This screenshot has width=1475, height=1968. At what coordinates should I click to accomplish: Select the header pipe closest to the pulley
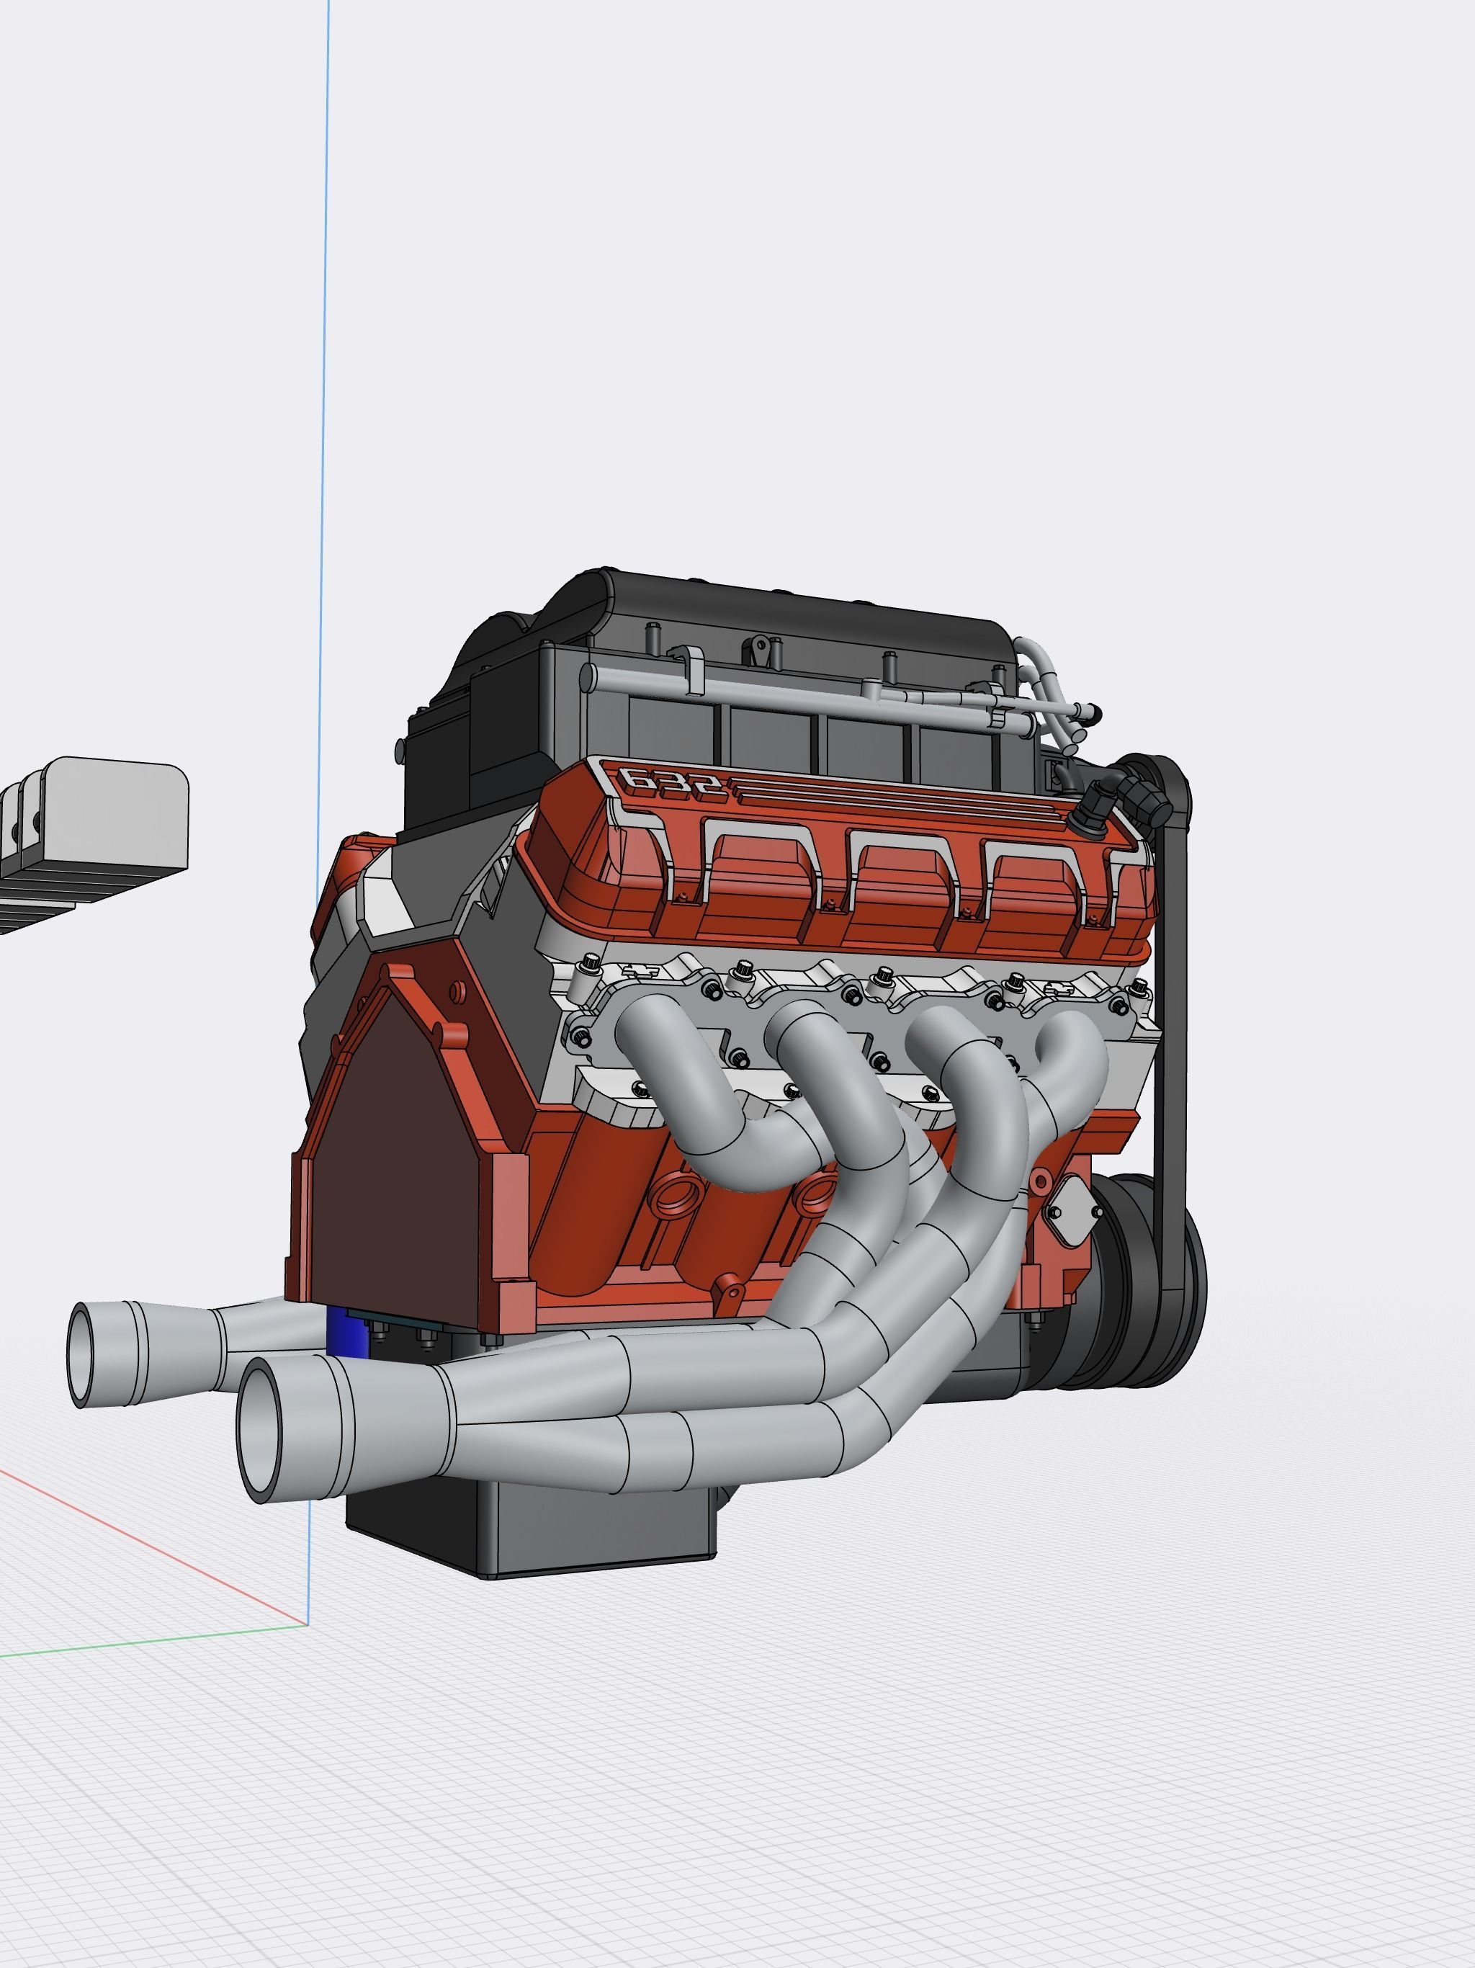pos(1067,1068)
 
